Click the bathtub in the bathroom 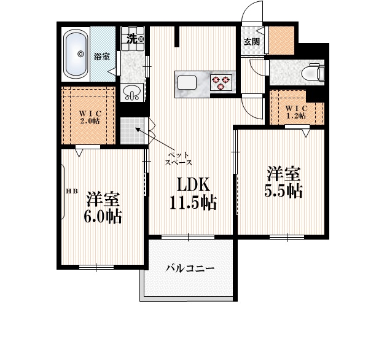coord(77,53)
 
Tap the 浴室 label coord(101,57)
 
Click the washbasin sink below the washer coord(132,93)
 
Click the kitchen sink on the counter coord(187,81)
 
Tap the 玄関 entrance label coord(251,42)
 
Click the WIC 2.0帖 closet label coord(89,116)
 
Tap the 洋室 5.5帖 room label coord(283,181)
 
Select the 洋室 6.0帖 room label coord(103,207)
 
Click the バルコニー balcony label coord(190,268)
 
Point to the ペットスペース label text coord(179,158)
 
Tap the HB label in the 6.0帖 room coord(72,191)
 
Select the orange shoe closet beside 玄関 coord(283,41)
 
